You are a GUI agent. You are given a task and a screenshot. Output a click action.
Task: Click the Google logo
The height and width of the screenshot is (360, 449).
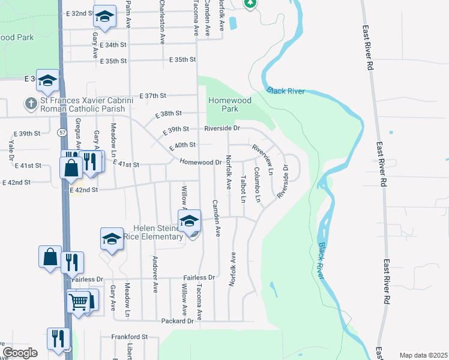click(x=20, y=353)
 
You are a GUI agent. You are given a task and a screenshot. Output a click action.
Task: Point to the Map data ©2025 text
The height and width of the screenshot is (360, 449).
click(x=423, y=355)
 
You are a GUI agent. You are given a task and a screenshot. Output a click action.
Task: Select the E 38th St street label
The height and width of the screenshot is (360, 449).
click(x=167, y=113)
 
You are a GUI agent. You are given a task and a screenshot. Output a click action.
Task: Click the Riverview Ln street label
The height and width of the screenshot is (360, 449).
click(x=262, y=159)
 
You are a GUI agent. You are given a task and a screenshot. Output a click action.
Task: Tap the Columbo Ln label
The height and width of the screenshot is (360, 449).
click(x=257, y=184)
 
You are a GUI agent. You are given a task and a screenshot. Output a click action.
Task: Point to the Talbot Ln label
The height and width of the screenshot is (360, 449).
click(x=243, y=188)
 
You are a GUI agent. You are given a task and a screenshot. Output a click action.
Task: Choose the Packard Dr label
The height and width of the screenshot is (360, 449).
click(x=178, y=321)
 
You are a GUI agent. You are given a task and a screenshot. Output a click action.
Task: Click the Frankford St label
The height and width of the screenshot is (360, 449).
click(x=129, y=337)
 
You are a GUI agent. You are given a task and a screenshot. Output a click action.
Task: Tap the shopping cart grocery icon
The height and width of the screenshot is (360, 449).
click(x=79, y=302)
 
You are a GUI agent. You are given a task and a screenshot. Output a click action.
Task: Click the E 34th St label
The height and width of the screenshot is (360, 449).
click(x=114, y=45)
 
